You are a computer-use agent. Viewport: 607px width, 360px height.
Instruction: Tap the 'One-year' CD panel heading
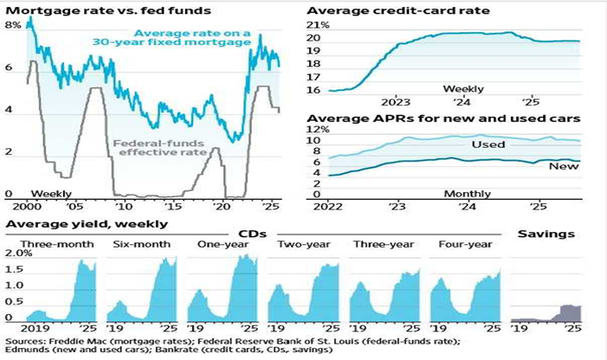tap(221, 244)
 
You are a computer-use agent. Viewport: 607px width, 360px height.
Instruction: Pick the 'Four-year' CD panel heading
tap(465, 244)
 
